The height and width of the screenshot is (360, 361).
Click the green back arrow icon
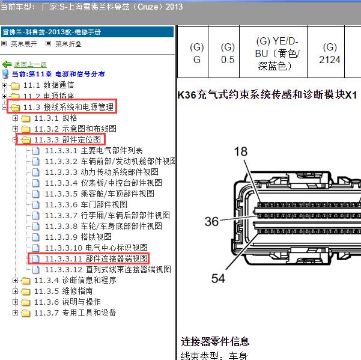point(7,64)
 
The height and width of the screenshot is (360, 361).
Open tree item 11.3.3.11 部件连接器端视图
point(96,258)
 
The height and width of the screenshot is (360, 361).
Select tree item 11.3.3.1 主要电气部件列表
point(94,151)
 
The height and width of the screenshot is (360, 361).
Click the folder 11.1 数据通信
point(48,85)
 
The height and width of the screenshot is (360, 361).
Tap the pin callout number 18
point(241,151)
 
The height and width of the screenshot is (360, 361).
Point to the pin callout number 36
point(211,221)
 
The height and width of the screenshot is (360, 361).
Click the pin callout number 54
point(218,278)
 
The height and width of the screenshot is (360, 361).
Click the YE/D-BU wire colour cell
point(273,52)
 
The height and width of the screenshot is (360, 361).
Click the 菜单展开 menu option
point(19,44)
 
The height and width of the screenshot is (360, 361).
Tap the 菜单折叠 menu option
point(64,44)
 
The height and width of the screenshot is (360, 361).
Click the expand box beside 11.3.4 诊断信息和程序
point(15,280)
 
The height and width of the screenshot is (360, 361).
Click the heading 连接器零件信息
point(215,341)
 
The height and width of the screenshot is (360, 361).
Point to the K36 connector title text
point(267,95)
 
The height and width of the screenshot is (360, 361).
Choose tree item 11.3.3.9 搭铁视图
point(78,237)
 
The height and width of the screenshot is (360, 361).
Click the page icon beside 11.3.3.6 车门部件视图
point(35,204)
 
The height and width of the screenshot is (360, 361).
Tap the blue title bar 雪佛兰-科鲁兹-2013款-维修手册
point(87,32)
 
